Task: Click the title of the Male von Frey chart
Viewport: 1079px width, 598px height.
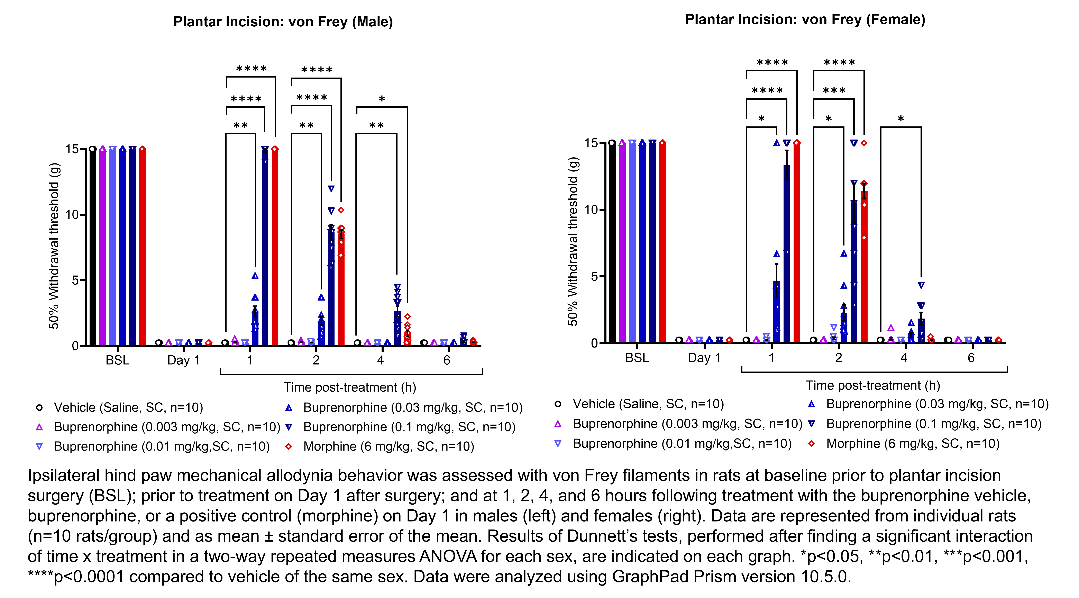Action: [x=283, y=22]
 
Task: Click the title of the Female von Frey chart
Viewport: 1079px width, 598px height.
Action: [x=805, y=19]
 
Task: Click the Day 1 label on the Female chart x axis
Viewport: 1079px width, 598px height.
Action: [x=704, y=358]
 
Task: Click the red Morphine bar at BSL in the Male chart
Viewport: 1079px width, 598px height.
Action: [x=142, y=247]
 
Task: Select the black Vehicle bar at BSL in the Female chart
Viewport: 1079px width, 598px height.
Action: [x=612, y=243]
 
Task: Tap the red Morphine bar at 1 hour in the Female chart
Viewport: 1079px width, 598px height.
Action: [x=797, y=243]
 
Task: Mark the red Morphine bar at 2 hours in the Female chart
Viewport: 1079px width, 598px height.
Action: [x=864, y=268]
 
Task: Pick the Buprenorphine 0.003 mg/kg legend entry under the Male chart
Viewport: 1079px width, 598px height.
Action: [x=167, y=427]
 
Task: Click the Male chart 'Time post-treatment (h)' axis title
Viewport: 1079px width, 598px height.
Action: [x=350, y=387]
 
